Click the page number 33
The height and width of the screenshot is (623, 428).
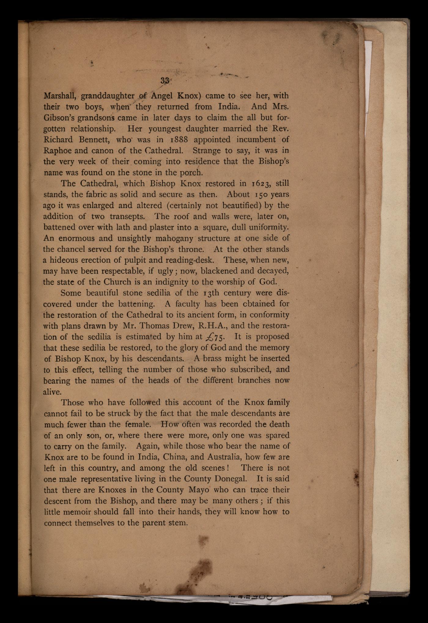coord(165,81)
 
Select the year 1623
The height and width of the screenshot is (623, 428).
coord(261,184)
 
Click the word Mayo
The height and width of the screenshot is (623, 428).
coord(199,490)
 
